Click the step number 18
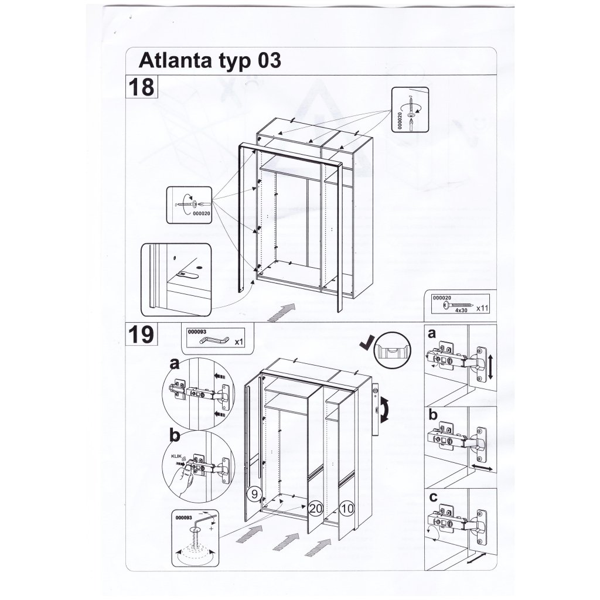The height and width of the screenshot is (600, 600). [x=142, y=87]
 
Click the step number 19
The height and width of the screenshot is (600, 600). [x=141, y=335]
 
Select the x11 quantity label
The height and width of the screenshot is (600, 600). [x=482, y=308]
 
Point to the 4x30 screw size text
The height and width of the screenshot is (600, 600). [x=461, y=311]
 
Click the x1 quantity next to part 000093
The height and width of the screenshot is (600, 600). [x=239, y=342]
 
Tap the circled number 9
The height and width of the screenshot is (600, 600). [x=254, y=494]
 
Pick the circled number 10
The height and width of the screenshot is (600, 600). [x=347, y=508]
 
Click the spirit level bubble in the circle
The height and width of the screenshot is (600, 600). [x=391, y=349]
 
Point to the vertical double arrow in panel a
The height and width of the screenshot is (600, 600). [x=490, y=367]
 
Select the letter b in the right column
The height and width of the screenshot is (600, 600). [x=433, y=415]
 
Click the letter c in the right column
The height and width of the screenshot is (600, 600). [x=433, y=497]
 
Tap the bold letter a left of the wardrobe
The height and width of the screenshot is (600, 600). [x=175, y=364]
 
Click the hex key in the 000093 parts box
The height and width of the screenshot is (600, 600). [x=214, y=339]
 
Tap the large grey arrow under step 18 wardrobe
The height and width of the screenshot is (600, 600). [x=282, y=312]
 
